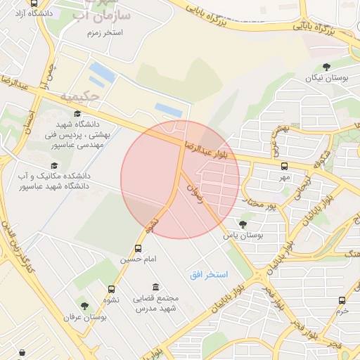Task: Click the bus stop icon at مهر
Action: click(284, 167)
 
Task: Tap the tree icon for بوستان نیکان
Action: click(326, 67)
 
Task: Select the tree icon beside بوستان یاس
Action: click(243, 225)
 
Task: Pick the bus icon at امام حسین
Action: click(138, 248)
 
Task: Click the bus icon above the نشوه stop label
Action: click(112, 289)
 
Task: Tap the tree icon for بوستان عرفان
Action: click(85, 307)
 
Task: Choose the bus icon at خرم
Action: click(342, 300)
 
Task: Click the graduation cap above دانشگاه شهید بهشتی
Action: click(77, 113)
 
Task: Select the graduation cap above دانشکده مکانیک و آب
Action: click(54, 165)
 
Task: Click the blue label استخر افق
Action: click(207, 274)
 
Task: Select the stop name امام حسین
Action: click(134, 259)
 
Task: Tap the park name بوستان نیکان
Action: click(326, 78)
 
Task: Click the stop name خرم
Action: click(342, 311)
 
